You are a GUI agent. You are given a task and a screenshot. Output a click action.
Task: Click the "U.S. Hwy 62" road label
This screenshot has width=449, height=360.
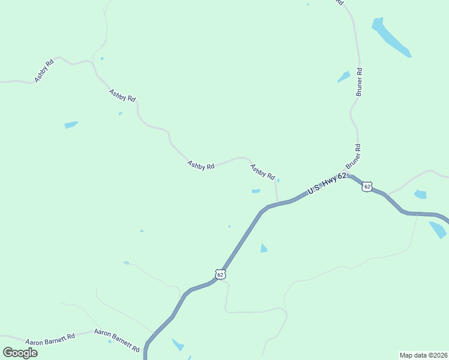[x=327, y=183]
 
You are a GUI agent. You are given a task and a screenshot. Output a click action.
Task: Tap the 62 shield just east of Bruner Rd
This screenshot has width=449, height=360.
[x=367, y=187]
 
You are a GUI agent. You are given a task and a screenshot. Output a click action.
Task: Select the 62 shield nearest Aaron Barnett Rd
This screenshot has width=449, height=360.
[x=220, y=274]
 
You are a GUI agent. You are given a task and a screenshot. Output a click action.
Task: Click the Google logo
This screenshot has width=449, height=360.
[x=20, y=352]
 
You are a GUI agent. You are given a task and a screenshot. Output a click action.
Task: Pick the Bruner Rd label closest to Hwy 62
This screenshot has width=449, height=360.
[x=354, y=157]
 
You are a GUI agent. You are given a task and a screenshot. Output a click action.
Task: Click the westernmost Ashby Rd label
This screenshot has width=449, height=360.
[x=44, y=70]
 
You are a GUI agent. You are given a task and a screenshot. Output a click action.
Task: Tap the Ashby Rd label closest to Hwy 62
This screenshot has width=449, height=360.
[x=262, y=172]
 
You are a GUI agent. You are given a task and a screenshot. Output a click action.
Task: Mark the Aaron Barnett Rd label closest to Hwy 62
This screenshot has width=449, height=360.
[x=116, y=340]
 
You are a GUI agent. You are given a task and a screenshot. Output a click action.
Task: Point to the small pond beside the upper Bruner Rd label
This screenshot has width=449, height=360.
[x=344, y=77]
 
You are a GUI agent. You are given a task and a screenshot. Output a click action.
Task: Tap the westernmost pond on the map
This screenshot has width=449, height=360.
[x=71, y=125]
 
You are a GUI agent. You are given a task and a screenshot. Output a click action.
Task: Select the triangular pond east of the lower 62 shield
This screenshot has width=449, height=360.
[x=264, y=248]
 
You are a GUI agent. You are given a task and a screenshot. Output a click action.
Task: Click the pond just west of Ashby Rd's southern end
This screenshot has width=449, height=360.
[x=256, y=191]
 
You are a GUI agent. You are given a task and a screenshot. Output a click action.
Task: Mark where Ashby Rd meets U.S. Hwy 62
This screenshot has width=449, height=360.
[x=277, y=203]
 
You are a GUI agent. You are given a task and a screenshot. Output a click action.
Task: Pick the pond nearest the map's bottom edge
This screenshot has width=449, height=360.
[x=178, y=345]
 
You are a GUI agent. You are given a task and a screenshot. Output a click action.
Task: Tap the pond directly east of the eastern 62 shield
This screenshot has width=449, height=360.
[x=421, y=194]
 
